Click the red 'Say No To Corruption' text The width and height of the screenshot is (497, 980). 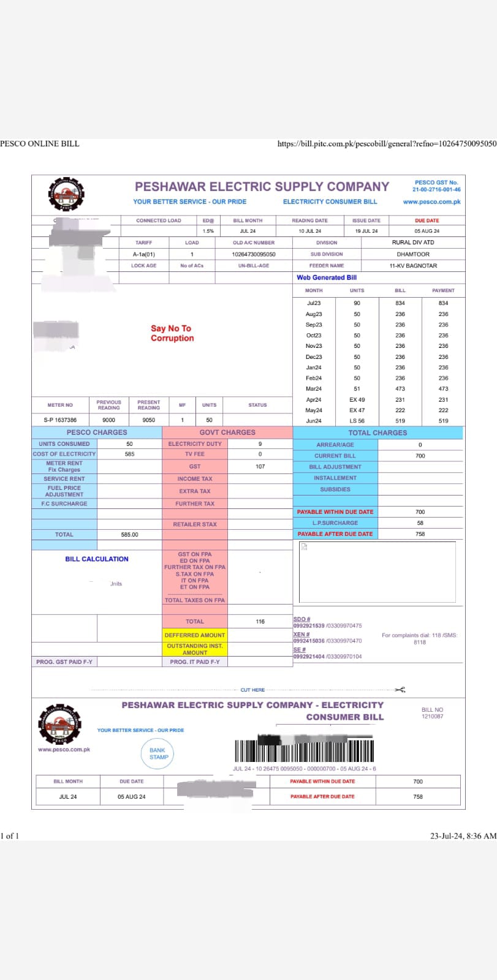pos(172,333)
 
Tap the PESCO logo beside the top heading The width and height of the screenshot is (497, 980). pos(66,194)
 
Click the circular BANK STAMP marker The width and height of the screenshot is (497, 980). pos(158,753)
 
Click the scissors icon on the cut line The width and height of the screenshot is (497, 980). pos(400,690)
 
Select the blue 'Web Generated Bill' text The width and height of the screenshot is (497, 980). pos(327,277)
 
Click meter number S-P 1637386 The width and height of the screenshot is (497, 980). pos(60,420)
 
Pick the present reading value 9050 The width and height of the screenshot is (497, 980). pos(148,420)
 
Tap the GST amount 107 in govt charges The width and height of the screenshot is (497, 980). pos(260,467)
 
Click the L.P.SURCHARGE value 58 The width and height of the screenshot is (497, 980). pos(420,523)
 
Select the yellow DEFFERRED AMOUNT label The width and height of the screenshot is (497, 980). pos(195,635)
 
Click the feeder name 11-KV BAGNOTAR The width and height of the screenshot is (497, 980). pos(413,266)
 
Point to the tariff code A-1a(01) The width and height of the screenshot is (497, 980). pos(144,254)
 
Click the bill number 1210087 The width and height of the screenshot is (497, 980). pos(432,716)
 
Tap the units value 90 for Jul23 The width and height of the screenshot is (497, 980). pos(357,303)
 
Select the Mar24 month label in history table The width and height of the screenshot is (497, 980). pos(314,389)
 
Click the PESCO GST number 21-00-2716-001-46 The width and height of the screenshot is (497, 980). pos(436,190)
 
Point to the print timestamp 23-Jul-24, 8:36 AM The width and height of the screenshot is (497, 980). pos(463,836)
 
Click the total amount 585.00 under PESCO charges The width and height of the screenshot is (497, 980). pos(129,535)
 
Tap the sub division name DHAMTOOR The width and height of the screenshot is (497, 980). pos(413,254)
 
